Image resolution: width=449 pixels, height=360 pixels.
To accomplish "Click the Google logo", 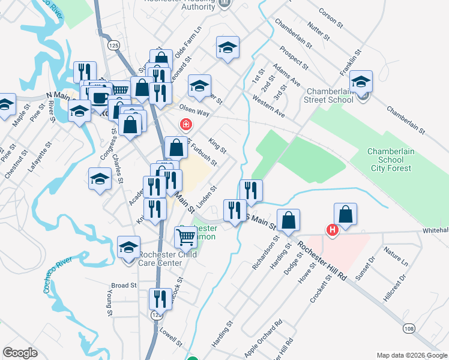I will tap(20, 353).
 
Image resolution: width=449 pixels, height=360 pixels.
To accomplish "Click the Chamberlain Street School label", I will tap(328, 95).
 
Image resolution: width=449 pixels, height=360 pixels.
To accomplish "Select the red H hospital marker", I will tap(331, 230).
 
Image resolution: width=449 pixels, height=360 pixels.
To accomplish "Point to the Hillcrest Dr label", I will tap(394, 287).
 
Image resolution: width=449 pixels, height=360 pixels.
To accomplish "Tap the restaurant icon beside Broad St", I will tap(160, 299).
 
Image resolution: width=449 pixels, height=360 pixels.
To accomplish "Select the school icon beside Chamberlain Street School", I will tap(361, 82).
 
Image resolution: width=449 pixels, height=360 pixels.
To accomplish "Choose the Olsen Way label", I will tap(194, 112).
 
